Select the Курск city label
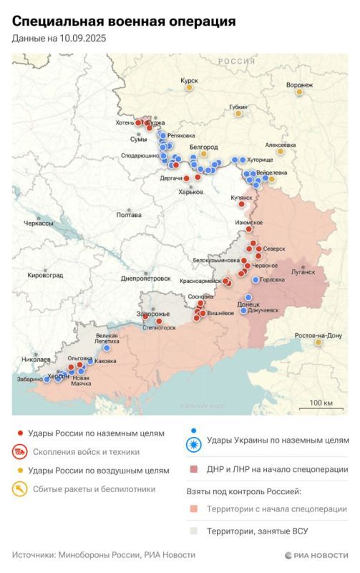(189, 82)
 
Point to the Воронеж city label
(299, 85)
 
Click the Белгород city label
(203, 146)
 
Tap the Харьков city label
(191, 192)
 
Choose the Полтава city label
(129, 214)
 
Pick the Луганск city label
(303, 272)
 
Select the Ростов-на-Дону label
(318, 335)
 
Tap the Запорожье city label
(153, 314)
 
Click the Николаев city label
(36, 359)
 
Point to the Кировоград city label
(44, 275)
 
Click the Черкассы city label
(39, 223)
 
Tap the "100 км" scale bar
(321, 404)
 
